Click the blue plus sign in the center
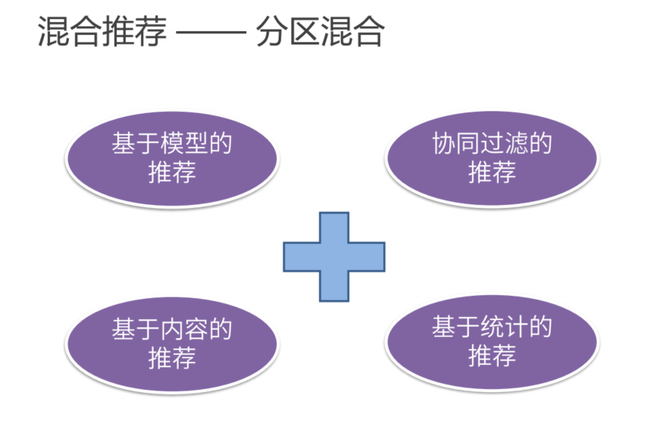(334, 257)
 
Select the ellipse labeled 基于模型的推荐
(171, 160)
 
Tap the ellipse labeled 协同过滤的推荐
(492, 160)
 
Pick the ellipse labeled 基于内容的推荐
(171, 345)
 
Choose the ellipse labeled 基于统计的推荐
(492, 344)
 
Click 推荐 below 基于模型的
(171, 173)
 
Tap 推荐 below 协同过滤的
(492, 173)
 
